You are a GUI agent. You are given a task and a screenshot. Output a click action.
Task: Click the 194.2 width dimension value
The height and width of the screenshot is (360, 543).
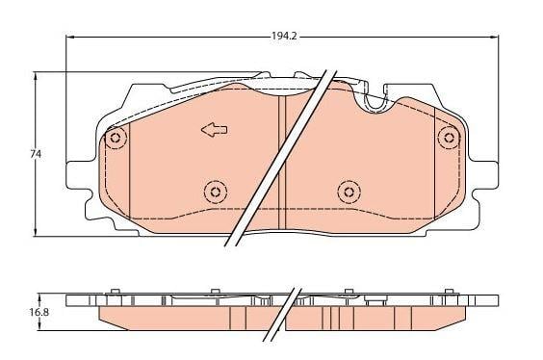[x=284, y=36]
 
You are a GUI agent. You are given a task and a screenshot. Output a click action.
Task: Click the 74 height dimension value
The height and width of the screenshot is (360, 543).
[x=36, y=154]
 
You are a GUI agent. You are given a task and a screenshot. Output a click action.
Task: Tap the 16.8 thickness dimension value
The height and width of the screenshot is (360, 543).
[x=39, y=312]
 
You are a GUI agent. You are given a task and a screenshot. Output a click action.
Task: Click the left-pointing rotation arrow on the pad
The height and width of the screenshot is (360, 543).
[x=215, y=130]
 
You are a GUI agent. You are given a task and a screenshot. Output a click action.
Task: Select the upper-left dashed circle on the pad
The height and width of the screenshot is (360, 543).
[x=116, y=138]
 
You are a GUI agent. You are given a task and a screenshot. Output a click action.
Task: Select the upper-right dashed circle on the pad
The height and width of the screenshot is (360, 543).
[x=450, y=138]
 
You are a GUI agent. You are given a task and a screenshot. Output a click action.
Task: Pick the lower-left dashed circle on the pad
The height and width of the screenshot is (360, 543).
[x=216, y=192]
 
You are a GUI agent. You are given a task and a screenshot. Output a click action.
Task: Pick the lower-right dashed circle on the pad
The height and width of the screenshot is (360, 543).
[x=349, y=192]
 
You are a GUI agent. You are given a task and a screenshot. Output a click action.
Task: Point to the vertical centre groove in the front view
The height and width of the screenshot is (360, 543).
[x=283, y=162]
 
